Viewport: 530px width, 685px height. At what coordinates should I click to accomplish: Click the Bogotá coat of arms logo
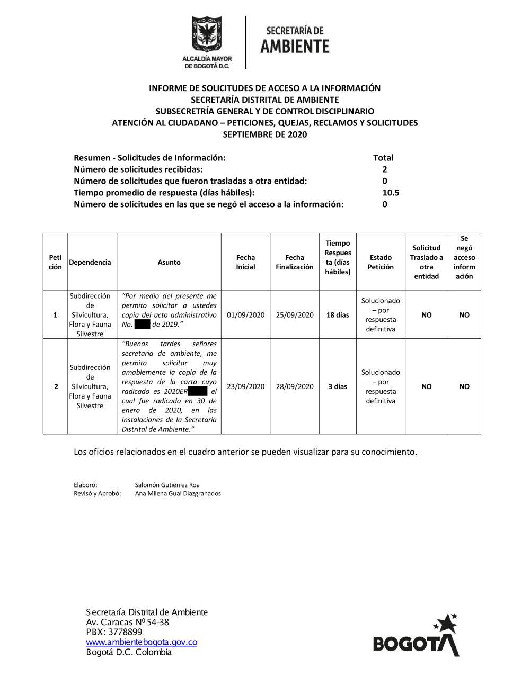pos(207,35)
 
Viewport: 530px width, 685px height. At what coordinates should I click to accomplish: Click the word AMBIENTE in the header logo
pos(295,47)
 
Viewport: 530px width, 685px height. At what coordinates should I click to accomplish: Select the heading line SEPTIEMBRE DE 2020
pos(264,134)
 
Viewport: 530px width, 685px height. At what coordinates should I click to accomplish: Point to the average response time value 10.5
pos(391,193)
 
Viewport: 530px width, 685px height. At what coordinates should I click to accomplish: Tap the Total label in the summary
pos(383,158)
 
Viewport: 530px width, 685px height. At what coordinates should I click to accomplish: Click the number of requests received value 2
pos(385,169)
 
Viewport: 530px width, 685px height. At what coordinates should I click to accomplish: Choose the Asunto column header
pos(169,262)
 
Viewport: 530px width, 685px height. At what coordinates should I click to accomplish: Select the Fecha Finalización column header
pos(295,262)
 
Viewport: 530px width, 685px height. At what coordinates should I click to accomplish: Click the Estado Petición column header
pos(381,262)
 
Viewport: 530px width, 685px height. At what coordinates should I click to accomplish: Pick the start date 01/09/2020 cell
pos(245,315)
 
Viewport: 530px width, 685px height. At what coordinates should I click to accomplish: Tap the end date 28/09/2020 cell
pos(295,386)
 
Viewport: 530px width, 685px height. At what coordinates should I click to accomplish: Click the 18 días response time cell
pos(338,315)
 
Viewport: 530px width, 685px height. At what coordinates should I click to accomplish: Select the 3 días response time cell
pos(338,386)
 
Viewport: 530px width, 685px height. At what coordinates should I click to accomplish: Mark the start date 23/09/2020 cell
pos(245,386)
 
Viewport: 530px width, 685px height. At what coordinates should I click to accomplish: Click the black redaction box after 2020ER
pos(197,391)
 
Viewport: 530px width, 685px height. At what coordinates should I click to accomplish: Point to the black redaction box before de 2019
pos(142,325)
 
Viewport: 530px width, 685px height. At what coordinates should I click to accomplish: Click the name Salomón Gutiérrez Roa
pos(167,485)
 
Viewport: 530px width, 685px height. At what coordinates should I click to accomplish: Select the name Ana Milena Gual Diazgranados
pos(178,493)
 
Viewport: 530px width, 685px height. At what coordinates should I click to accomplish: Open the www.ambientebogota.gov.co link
pos(142,642)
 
